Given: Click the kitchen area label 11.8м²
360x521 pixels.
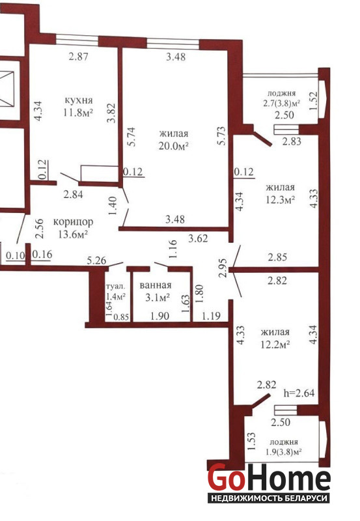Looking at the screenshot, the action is click(x=78, y=112).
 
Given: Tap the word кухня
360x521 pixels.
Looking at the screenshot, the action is click(x=78, y=100).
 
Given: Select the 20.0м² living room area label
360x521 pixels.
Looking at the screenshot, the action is click(x=174, y=145).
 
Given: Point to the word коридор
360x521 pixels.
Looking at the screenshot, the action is click(x=73, y=222).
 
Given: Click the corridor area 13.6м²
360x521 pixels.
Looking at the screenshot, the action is click(x=73, y=234).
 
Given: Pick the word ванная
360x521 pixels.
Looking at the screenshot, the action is click(x=156, y=285).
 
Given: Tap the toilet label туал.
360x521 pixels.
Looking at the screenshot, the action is click(x=116, y=286).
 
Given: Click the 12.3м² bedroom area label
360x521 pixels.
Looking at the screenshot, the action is click(x=281, y=199).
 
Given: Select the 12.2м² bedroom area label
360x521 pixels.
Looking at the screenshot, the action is click(x=275, y=345).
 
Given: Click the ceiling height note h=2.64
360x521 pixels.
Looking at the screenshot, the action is click(x=299, y=393).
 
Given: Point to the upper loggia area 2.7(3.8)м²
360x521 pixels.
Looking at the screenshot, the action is click(x=282, y=103).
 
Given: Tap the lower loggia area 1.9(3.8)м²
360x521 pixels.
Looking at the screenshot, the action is click(x=283, y=452).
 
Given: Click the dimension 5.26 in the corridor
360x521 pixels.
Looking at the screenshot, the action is click(x=96, y=260).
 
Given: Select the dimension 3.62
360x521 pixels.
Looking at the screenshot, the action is click(x=198, y=238).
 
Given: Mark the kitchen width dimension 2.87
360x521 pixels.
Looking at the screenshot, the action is click(x=78, y=56).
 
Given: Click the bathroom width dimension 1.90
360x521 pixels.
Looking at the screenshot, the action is click(x=159, y=316).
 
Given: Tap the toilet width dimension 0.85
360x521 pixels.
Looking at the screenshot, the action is click(x=121, y=317).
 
